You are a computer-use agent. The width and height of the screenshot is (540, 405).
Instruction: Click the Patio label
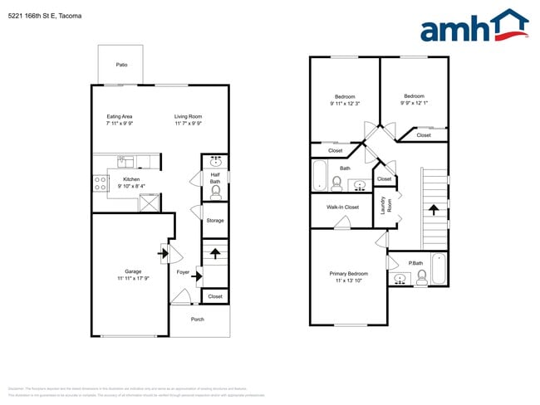(121, 64)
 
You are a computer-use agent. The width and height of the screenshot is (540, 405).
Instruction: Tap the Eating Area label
(120, 116)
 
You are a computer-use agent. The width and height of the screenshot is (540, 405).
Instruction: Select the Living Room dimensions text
(189, 124)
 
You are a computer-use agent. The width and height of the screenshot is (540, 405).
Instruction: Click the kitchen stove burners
(100, 183)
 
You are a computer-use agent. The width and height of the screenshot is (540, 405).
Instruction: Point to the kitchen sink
(126, 161)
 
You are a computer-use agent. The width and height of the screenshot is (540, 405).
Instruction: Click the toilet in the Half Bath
(215, 191)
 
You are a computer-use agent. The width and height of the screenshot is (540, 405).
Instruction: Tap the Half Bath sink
(215, 161)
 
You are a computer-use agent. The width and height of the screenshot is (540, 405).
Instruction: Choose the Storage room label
(215, 221)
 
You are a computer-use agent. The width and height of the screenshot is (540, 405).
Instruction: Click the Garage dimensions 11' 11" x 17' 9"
(131, 278)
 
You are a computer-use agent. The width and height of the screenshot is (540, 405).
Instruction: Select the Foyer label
(183, 271)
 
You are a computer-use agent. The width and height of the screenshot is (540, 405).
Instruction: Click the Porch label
(198, 319)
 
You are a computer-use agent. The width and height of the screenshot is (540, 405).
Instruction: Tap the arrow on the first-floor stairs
(215, 253)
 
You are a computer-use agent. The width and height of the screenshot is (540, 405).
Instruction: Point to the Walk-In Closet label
(342, 207)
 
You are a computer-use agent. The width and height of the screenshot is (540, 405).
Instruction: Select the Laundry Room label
(385, 203)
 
